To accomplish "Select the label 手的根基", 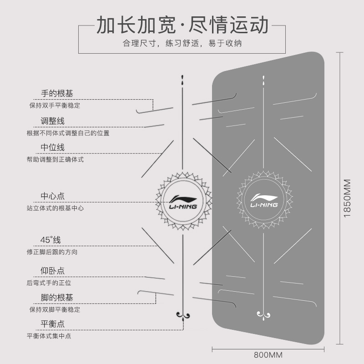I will (57, 94).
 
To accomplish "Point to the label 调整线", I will (53, 121).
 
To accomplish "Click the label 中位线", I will (53, 147).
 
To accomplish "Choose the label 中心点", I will (53, 196).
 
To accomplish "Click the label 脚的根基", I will (57, 298).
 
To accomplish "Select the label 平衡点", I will (53, 324).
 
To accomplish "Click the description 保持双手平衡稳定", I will (55, 105).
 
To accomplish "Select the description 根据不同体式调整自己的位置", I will (68, 133).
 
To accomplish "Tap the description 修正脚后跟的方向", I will (52, 252).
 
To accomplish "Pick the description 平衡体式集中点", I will (49, 336).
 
